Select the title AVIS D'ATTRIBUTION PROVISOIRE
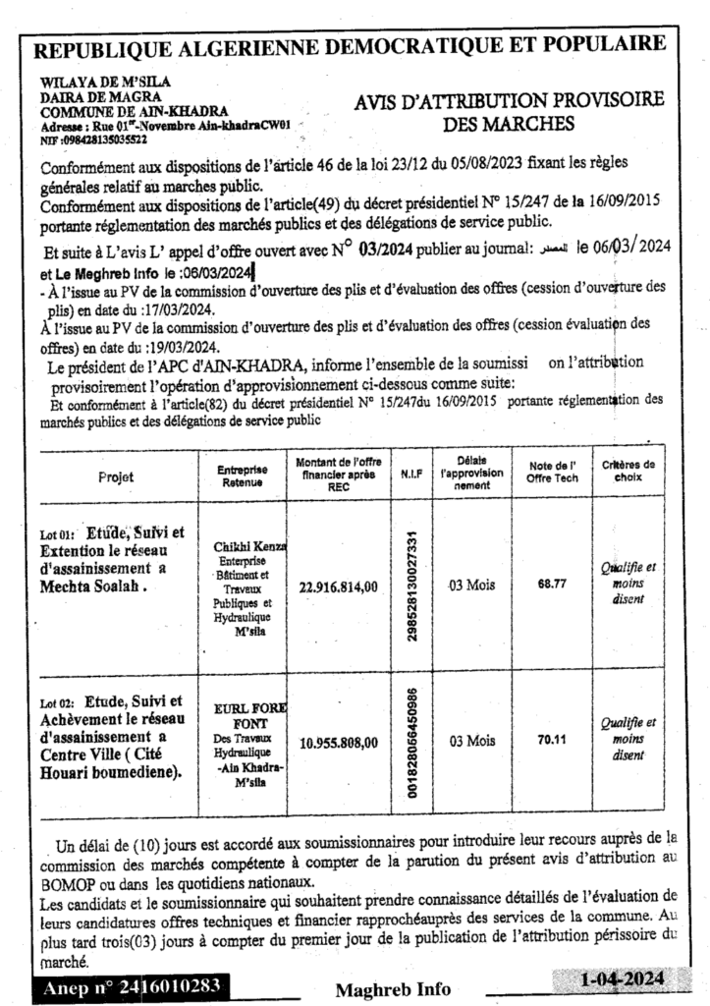pyautogui.click(x=509, y=100)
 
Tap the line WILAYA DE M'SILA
pyautogui.click(x=89, y=85)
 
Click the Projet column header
pyautogui.click(x=117, y=476)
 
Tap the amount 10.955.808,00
pyautogui.click(x=338, y=743)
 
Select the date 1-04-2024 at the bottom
pyautogui.click(x=623, y=979)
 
